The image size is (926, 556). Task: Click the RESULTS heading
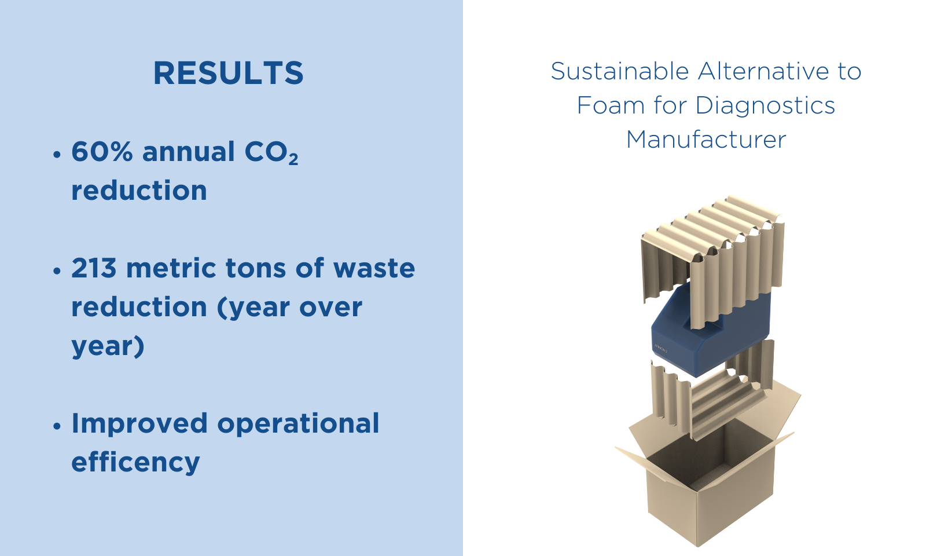[229, 73]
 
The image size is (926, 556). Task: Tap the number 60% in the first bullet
[102, 151]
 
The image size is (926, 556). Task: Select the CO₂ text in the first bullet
[271, 153]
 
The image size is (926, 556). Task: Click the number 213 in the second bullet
[94, 268]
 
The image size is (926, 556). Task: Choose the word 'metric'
[171, 268]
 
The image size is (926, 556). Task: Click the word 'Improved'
[139, 424]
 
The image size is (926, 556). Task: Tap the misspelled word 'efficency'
[135, 462]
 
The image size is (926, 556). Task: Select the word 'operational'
[298, 424]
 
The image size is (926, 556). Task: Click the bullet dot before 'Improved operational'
[57, 426]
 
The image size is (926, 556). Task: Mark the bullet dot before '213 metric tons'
[57, 270]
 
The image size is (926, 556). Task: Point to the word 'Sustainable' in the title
[620, 71]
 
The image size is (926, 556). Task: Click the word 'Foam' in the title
[611, 105]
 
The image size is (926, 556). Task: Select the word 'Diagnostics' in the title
[765, 105]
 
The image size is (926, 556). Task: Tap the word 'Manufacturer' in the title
[706, 139]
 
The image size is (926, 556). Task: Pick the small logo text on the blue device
[661, 349]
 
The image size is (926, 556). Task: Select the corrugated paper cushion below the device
[711, 397]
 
